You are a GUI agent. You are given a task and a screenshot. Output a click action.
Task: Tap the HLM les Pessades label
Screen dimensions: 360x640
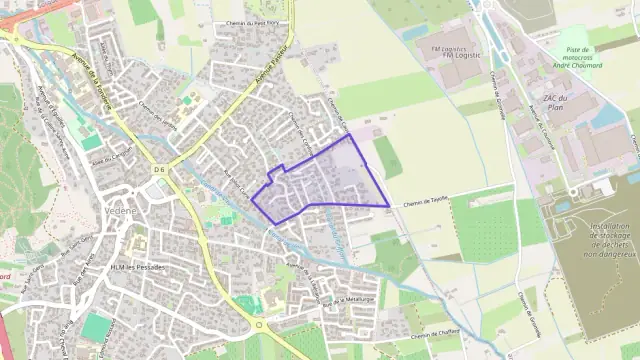click(x=138, y=268)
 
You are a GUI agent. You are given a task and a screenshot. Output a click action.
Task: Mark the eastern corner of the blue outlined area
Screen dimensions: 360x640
click(x=389, y=206)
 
